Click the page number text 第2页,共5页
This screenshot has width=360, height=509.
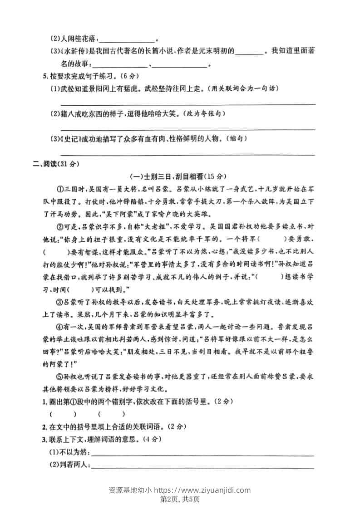180,499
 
